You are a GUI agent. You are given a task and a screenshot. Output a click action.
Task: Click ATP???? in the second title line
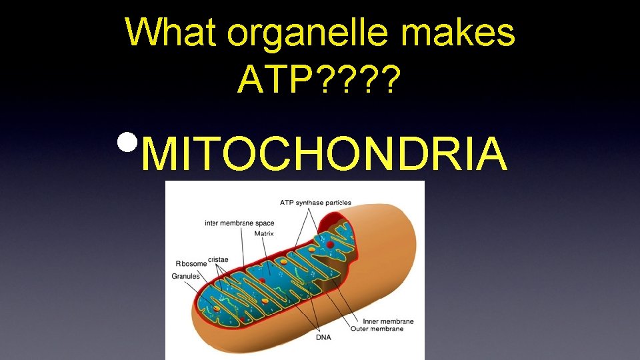pyautogui.click(x=319, y=80)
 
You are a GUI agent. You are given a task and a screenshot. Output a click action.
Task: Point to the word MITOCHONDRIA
pyautogui.click(x=324, y=153)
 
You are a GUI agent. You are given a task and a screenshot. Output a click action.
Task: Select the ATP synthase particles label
pyautogui.click(x=315, y=203)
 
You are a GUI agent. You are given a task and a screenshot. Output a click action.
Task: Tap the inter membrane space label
pyautogui.click(x=239, y=223)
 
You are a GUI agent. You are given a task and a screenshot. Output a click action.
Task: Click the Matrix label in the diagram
pyautogui.click(x=264, y=233)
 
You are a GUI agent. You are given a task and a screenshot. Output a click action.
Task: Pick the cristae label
pyautogui.click(x=218, y=259)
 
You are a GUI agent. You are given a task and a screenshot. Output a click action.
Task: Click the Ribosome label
pyautogui.click(x=191, y=263)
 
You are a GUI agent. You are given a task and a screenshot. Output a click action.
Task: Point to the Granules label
pyautogui.click(x=186, y=276)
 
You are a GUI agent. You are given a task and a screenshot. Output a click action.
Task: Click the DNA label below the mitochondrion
pyautogui.click(x=323, y=337)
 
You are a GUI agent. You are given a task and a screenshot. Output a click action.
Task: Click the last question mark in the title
pyautogui.click(x=392, y=80)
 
